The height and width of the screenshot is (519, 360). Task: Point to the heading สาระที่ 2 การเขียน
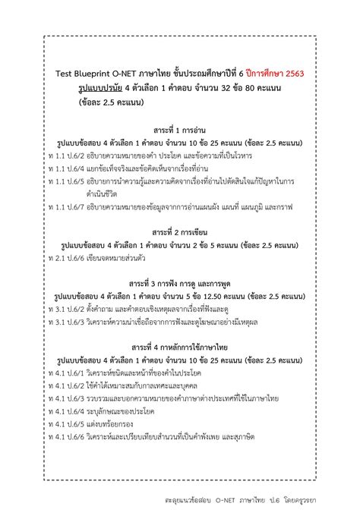[x=180, y=231]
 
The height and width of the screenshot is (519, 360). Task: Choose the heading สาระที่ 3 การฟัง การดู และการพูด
[x=180, y=283]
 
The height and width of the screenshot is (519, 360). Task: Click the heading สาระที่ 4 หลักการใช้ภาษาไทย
[x=180, y=348]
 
